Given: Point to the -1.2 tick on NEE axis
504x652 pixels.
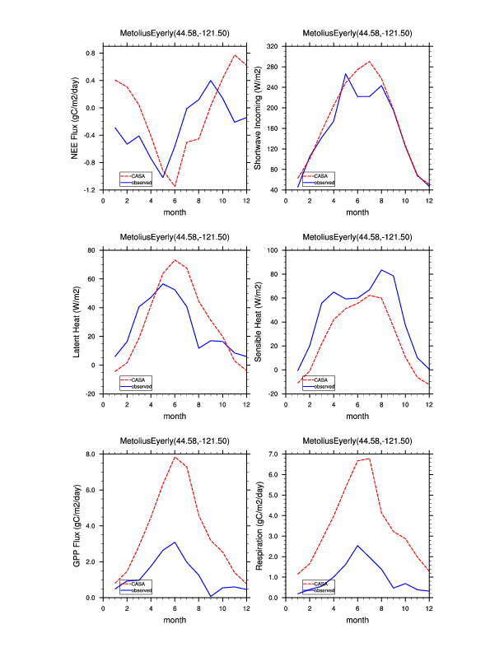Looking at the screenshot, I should (89, 190).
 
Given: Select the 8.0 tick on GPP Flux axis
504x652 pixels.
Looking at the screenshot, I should (91, 454).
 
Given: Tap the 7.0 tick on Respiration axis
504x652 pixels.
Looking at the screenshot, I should (273, 454).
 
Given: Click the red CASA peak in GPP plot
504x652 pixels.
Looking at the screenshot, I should (175, 457).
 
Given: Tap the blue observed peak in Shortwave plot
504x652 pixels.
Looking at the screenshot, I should (346, 74).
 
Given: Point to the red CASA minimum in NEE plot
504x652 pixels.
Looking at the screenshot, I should (175, 186).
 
